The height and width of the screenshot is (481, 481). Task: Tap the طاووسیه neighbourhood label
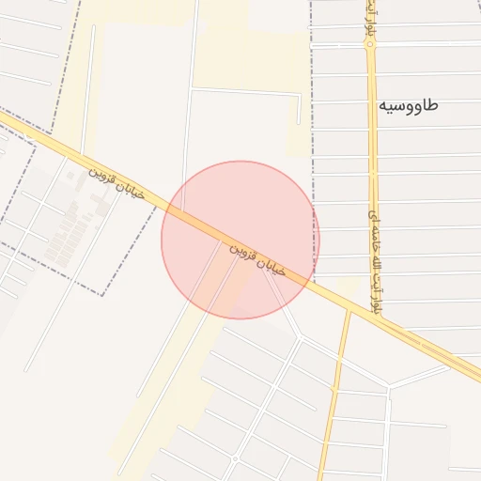408,105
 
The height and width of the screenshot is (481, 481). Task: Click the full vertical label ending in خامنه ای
376,256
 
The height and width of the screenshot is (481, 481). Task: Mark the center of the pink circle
240,240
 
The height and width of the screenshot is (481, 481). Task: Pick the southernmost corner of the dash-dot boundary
102,295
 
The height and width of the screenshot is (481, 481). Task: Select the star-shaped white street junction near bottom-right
389,386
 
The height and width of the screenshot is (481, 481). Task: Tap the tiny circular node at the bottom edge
235,458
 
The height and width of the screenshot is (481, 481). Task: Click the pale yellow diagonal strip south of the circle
178,376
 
